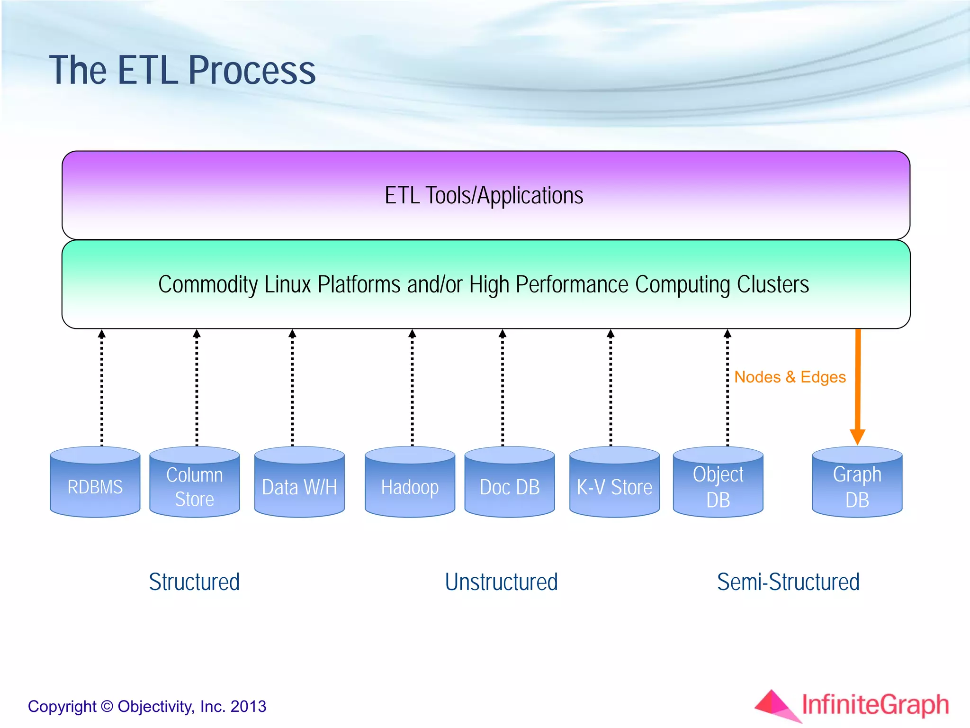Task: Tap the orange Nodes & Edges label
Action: tap(790, 377)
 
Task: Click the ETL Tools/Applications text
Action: tap(484, 196)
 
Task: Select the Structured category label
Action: tap(194, 582)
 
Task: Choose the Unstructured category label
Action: tap(501, 582)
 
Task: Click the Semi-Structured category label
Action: tap(788, 582)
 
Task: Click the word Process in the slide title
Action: tap(252, 71)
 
